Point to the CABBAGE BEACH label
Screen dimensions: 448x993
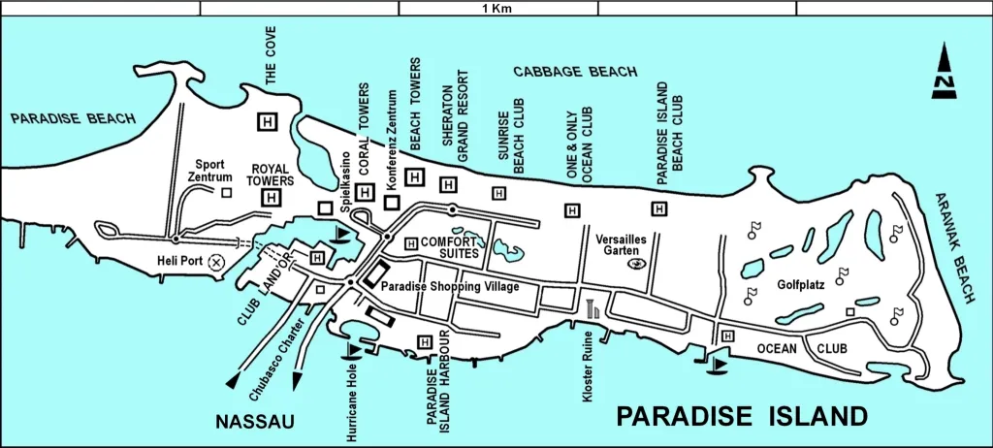pos(575,72)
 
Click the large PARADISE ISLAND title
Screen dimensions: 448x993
pos(742,417)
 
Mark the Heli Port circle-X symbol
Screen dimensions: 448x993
pos(216,261)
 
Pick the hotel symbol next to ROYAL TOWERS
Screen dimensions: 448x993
pos(272,198)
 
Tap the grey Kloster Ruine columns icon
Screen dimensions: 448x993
pos(592,309)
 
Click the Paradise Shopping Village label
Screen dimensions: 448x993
pos(450,287)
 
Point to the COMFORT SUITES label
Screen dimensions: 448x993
pos(452,246)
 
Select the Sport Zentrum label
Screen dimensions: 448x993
pos(212,171)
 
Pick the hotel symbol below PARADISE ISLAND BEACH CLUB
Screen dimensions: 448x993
pos(659,208)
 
